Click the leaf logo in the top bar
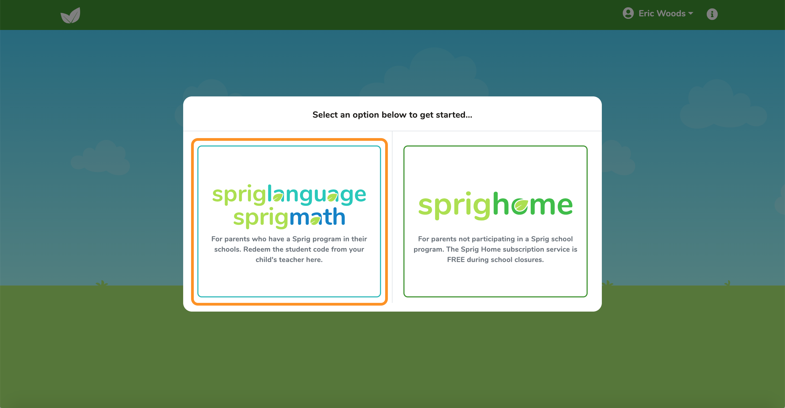pos(70,15)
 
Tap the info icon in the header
pos(712,14)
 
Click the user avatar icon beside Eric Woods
pos(628,13)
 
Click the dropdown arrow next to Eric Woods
pos(690,13)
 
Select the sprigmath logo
pos(289,217)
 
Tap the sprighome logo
pos(496,206)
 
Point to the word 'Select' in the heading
pos(325,115)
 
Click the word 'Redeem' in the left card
pos(257,249)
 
